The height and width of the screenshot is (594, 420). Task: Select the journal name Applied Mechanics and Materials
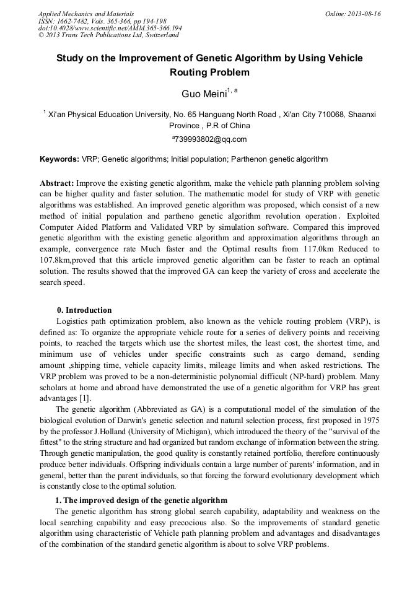[86, 14]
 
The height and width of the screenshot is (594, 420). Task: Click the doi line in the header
[110, 28]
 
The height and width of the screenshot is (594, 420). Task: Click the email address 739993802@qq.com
[211, 139]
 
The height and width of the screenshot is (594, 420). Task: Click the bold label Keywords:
[59, 159]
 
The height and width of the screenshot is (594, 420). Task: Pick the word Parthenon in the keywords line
[249, 159]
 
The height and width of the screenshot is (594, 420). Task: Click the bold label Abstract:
[57, 184]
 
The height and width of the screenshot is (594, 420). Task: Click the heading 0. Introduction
[84, 310]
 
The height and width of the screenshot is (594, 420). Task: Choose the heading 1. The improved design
[141, 500]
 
